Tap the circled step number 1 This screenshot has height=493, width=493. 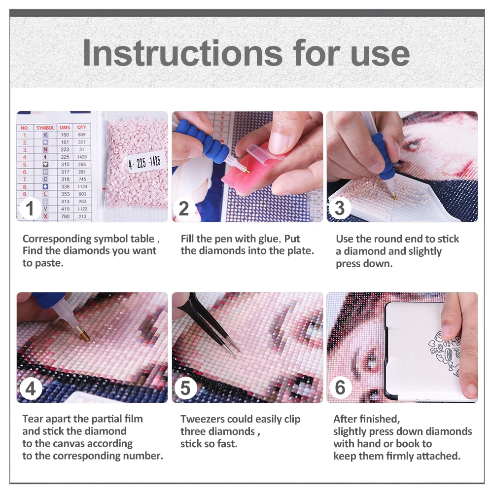pos(30,208)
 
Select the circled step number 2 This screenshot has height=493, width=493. pos(184,208)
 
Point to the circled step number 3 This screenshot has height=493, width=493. pos(340,208)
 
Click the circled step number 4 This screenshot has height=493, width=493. pos(31,388)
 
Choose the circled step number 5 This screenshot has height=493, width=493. pos(185,388)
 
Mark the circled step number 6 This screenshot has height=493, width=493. pos(340,387)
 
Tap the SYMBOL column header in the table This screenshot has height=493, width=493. pos(45,128)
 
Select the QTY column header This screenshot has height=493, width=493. pos(82,127)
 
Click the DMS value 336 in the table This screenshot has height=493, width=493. pos(65,187)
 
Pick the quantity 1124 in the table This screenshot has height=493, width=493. pos(82,187)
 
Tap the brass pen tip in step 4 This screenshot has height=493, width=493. pos(84,335)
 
